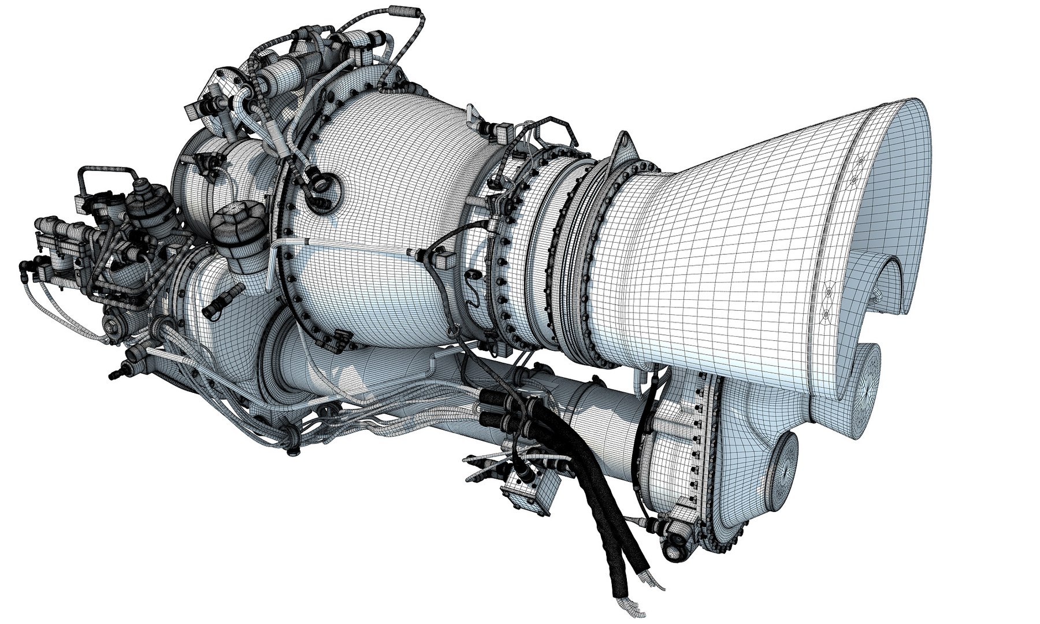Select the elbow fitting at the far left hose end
26,266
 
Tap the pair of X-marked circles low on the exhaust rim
827,303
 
